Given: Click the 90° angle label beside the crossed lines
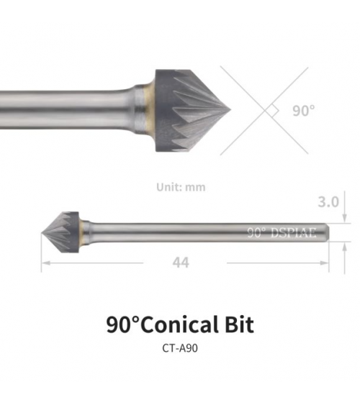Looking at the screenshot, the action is click(304, 111).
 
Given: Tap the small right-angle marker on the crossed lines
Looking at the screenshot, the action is click(273, 111).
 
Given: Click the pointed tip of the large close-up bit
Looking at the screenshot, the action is click(230, 111).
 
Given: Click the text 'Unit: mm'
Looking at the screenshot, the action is click(181, 187).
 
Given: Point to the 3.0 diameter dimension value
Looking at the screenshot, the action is click(328, 201).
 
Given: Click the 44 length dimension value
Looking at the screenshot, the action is click(181, 263).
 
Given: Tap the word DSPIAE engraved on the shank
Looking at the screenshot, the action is click(293, 233).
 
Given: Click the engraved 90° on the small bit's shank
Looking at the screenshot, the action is click(256, 232).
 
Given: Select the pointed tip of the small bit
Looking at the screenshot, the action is click(42, 233).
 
